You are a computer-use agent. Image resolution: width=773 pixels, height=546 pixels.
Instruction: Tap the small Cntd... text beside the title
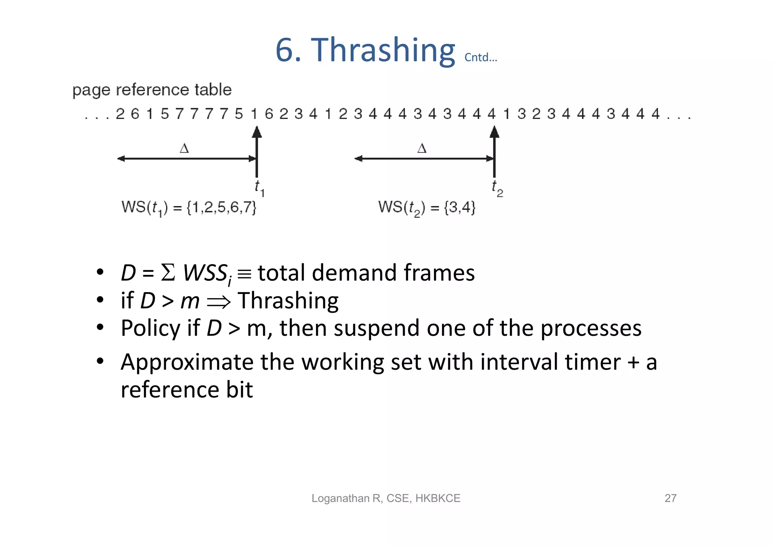click(x=480, y=57)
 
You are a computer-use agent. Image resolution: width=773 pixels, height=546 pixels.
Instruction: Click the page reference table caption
click(x=152, y=90)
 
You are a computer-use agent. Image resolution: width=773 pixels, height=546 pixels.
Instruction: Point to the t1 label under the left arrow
click(x=259, y=188)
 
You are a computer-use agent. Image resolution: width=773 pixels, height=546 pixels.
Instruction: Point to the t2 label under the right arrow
click(x=497, y=188)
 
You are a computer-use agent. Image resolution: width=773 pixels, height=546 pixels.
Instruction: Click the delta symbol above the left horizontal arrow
click(x=184, y=148)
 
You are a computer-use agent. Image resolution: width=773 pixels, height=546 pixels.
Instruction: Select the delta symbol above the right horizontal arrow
click(x=422, y=148)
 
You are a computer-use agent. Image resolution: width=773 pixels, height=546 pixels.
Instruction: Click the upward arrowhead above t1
click(x=257, y=132)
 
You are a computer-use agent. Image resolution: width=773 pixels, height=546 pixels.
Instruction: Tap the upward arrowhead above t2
click(x=494, y=132)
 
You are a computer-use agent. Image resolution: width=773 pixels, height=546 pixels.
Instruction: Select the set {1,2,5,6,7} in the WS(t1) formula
click(x=222, y=208)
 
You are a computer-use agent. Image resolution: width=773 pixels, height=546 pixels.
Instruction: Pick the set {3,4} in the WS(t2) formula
click(x=460, y=208)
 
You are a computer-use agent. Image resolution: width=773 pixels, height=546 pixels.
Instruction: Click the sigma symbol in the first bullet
click(x=168, y=272)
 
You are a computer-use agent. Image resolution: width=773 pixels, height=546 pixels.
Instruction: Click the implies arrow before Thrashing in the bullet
click(x=219, y=301)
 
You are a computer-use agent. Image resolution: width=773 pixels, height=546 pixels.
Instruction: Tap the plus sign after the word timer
click(x=633, y=363)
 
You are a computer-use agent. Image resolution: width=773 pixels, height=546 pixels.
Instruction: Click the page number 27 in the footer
click(x=670, y=498)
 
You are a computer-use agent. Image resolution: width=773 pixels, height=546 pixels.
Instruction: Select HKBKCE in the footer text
click(x=437, y=498)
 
